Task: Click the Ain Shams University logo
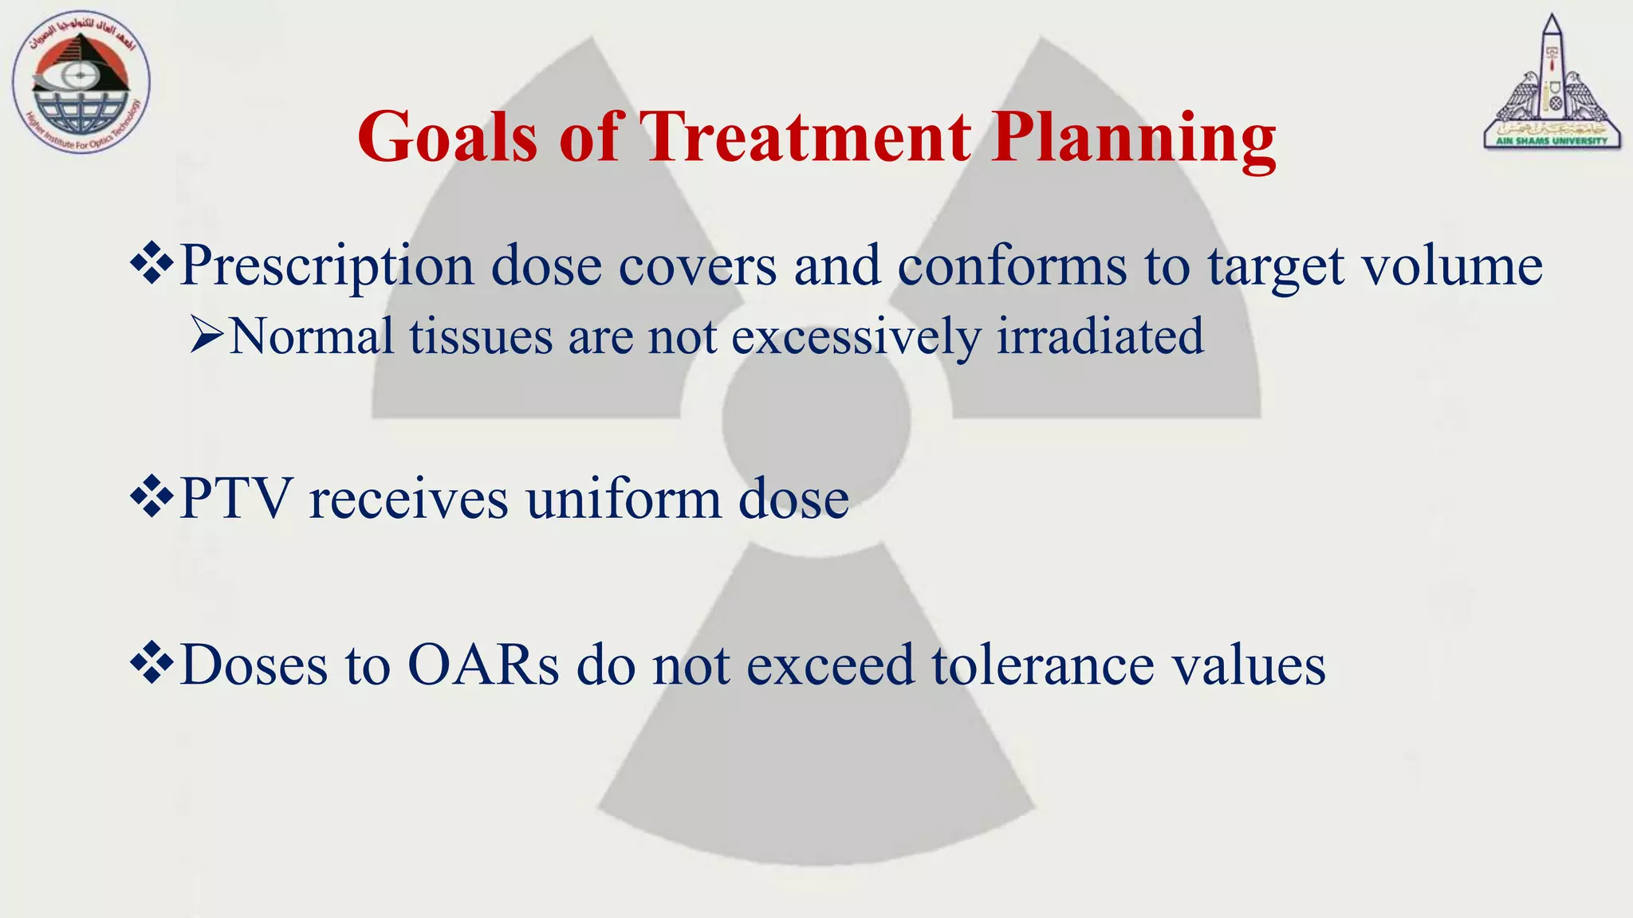tap(1552, 84)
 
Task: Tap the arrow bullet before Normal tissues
tap(206, 335)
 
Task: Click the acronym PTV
tap(235, 499)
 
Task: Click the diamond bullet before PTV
tap(151, 499)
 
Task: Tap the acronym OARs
tap(483, 664)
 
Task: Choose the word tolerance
tap(1042, 664)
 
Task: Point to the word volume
tap(1451, 265)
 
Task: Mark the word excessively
tap(856, 335)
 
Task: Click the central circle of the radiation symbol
tap(816, 420)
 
